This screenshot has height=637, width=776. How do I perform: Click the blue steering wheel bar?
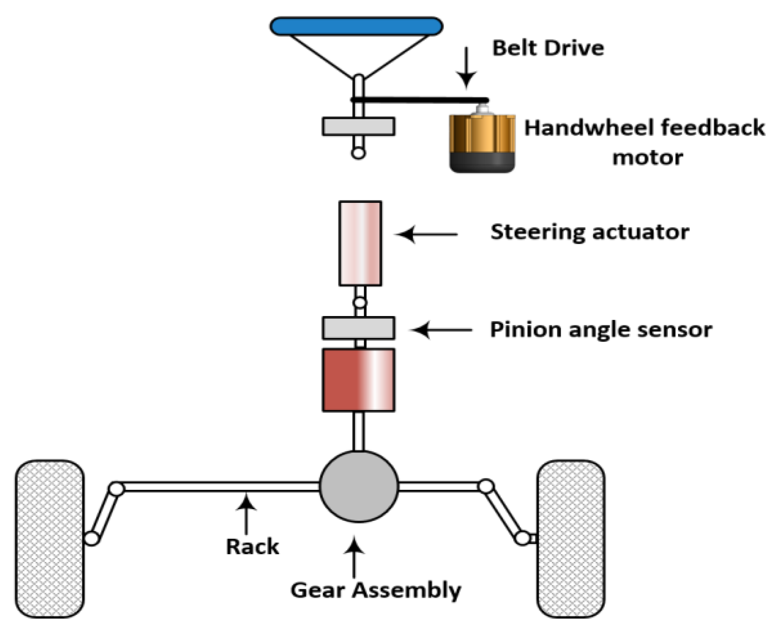pos(356,26)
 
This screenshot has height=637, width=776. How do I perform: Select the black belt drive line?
pos(420,100)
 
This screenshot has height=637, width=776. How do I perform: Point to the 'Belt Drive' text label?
pos(548,48)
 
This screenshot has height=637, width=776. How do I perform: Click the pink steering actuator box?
pos(360,243)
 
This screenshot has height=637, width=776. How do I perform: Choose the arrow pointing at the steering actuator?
pos(427,235)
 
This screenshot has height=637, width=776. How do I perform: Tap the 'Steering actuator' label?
pos(590,232)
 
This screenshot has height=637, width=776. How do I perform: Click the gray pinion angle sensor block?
pos(359,328)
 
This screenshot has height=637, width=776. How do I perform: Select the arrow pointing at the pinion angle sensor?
pos(441,330)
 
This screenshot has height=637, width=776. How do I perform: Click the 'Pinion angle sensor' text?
pos(601,330)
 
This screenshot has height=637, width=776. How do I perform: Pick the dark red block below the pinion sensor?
pos(359,380)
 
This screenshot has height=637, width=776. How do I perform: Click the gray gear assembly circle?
pos(359,486)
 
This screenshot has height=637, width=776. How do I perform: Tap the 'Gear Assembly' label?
pos(376,590)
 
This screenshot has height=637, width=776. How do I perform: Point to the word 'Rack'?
pos(252,547)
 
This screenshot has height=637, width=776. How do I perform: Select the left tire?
pos(49,539)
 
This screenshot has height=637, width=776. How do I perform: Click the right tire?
pos(571,539)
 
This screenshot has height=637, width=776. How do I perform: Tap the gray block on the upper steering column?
pos(359,127)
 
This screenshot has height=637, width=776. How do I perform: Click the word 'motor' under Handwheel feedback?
pos(647,158)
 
